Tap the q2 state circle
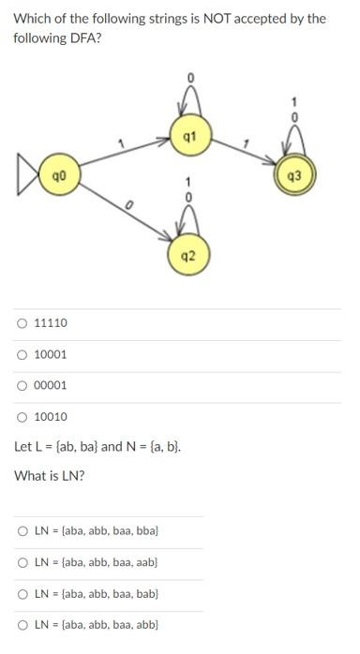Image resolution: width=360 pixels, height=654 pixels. (x=188, y=253)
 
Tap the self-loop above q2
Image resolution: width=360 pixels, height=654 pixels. (x=188, y=220)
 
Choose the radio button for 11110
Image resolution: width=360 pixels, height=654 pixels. (x=21, y=324)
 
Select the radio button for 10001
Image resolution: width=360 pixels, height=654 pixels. (x=21, y=355)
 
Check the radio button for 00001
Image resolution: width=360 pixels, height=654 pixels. (x=21, y=385)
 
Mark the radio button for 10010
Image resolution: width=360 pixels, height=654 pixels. (x=21, y=417)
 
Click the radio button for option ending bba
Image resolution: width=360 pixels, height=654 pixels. (x=22, y=531)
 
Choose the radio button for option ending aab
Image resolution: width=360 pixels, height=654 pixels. (x=22, y=563)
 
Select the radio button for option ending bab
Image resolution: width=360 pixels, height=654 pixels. (x=22, y=594)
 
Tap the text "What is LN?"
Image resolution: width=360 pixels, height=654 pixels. (x=50, y=476)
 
